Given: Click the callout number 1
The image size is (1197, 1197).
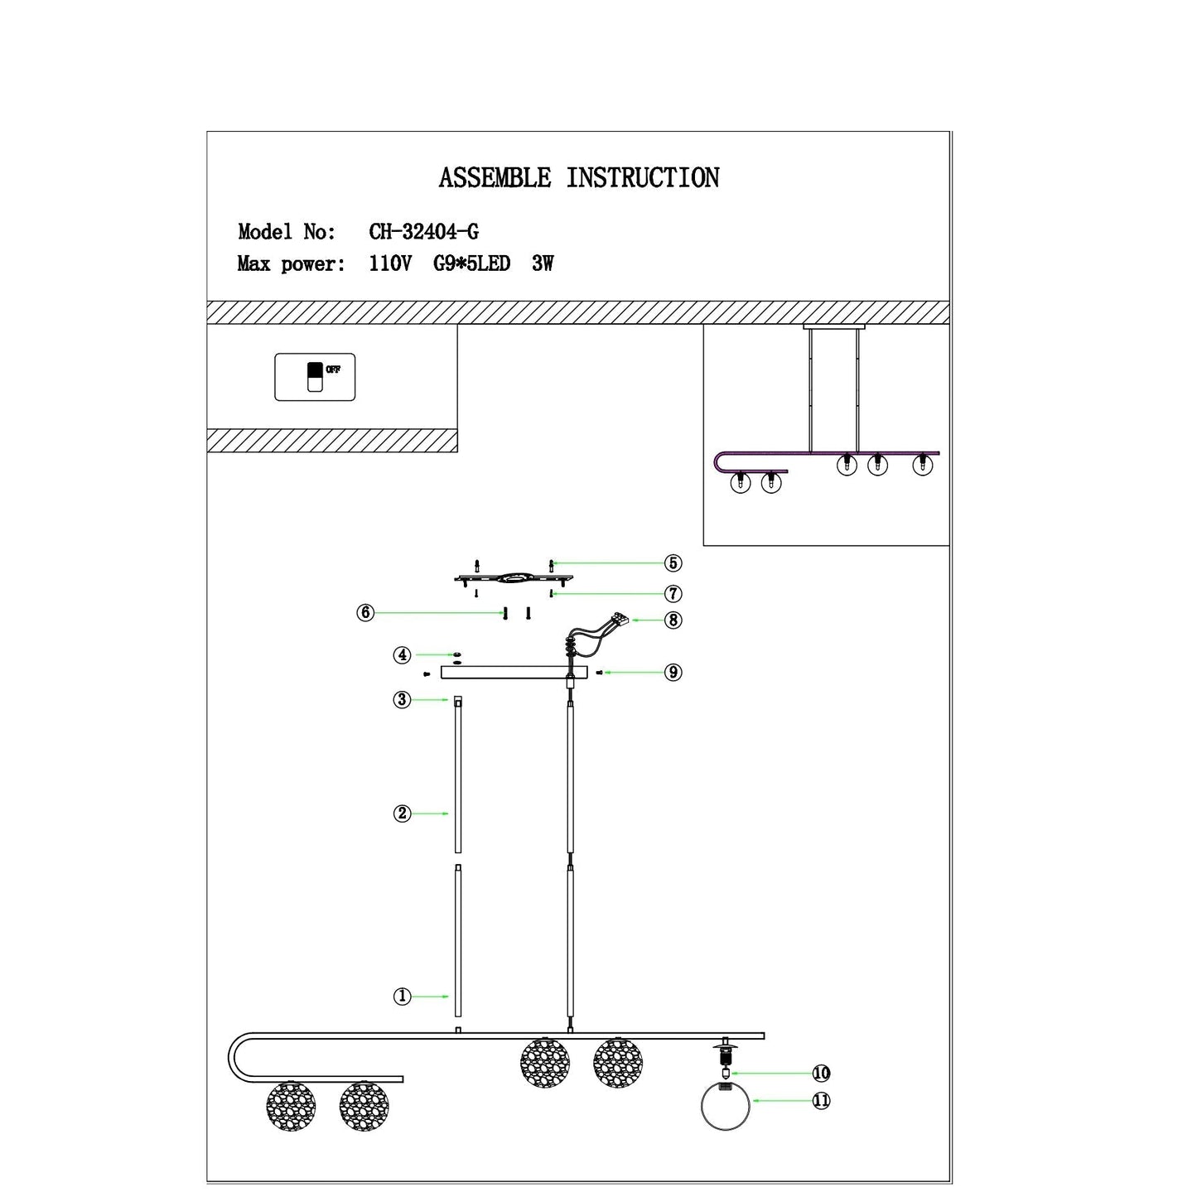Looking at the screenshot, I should pos(402,997).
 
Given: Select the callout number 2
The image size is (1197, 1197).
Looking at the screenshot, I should pos(402,813).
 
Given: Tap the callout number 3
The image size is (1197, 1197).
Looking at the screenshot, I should pos(402,700).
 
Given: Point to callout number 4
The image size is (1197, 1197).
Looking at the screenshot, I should pos(402,655).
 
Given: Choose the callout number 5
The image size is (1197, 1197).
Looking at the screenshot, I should pos(673,563).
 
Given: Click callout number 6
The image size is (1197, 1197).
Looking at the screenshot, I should pos(365,613).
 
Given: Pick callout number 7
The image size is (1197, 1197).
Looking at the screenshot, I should pos(673,594).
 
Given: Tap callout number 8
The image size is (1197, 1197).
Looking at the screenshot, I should pos(673,620).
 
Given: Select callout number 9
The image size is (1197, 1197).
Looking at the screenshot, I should pos(673,673).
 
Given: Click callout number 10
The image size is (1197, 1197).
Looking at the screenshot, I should pos(821,1074).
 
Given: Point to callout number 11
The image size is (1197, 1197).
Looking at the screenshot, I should pos(821,1101).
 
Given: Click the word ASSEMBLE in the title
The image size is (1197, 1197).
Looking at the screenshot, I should pos(495,178).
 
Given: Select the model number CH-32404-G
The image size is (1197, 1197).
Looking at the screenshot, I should pos(423,232).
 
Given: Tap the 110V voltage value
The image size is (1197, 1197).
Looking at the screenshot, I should pos(390,264).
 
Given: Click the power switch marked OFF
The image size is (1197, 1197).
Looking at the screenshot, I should pos(315,377).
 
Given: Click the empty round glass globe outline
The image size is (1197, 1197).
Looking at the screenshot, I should pos(726,1107).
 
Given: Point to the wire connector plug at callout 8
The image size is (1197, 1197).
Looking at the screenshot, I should pos(619,620).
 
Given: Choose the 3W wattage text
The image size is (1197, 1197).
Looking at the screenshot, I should pos(543,264).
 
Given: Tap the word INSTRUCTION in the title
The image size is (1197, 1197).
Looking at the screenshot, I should pos(643,178).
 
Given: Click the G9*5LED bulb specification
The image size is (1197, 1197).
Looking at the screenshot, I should pos(471,264).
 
